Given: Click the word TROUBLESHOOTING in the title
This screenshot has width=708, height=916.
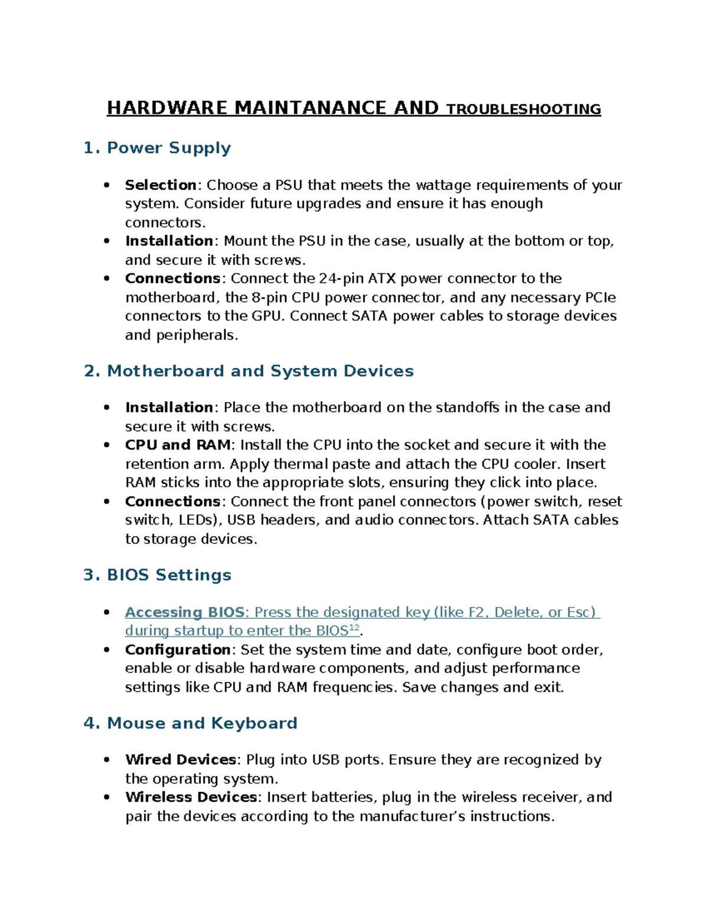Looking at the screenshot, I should coord(523,109).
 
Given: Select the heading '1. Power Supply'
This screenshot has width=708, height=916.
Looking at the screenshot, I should coord(157,148).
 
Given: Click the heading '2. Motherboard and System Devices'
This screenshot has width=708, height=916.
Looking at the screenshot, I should coord(248,371).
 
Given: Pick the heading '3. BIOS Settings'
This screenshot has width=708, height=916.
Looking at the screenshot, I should coord(157,575).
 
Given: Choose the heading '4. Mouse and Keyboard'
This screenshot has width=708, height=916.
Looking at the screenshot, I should coord(190,723).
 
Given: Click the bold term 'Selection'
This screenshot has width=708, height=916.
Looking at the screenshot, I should coord(160,185).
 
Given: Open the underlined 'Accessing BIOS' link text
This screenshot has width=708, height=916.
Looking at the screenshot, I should coord(184,612).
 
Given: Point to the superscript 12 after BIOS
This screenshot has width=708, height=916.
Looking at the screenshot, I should coord(354,628).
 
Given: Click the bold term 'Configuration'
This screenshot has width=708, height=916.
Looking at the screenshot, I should coord(178,649).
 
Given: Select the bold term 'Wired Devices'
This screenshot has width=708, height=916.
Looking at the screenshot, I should coord(181,760).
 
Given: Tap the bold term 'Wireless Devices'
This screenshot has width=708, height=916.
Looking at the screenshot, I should coord(191,797).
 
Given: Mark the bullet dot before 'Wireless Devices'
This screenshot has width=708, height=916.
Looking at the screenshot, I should coord(107,797).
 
